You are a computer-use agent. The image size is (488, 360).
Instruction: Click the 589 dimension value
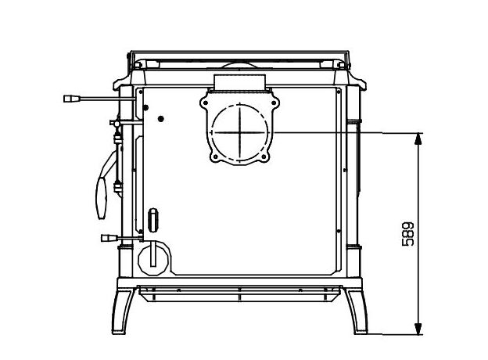tap(407, 234)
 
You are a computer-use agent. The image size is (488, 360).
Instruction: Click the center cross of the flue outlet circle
tap(239, 132)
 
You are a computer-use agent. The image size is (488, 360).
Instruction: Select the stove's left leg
tap(123, 311)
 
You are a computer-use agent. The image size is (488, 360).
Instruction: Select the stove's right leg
tap(357, 311)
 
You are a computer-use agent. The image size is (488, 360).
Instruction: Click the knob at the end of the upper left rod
tap(72, 99)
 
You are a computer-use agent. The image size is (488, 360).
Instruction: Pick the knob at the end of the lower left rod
tap(109, 238)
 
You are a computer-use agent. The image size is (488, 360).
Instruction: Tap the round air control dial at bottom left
tap(153, 259)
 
